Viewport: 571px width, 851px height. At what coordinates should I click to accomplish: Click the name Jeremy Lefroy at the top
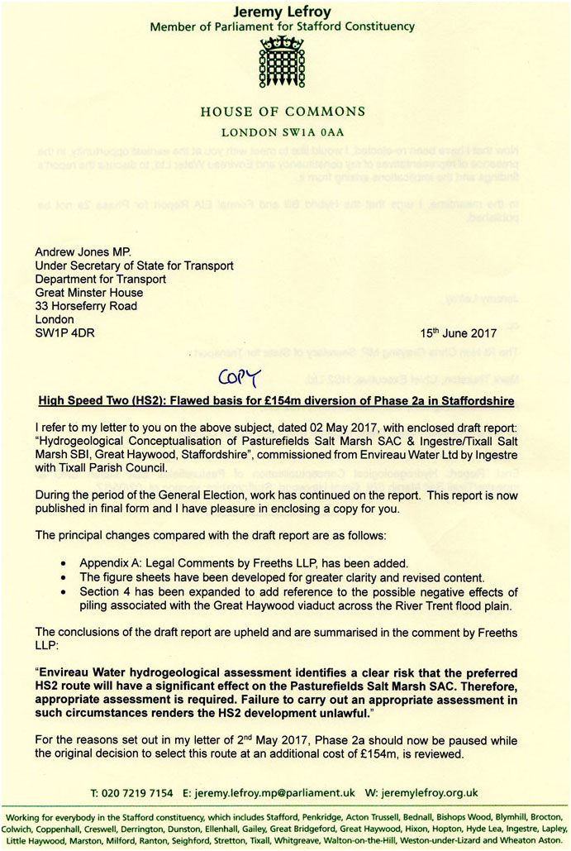coord(285,10)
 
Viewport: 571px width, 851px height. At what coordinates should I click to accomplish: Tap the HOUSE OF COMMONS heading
coord(285,111)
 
